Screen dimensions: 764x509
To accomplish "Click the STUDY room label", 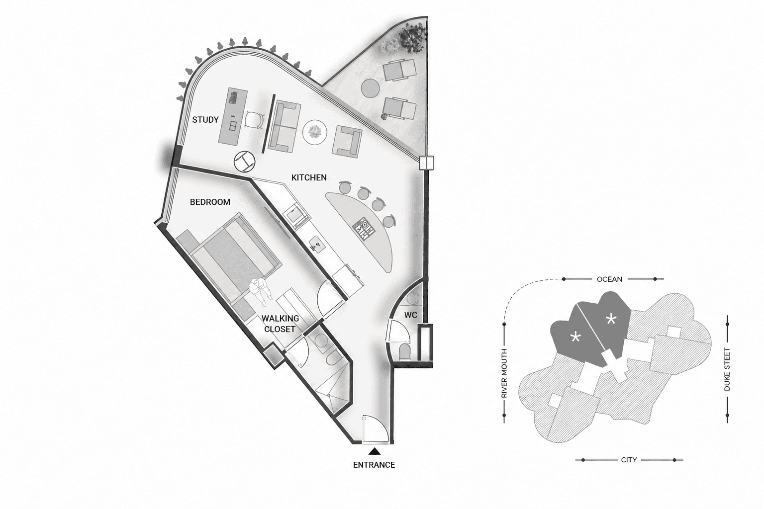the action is point(205,120).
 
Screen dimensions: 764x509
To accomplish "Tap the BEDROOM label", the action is point(210,202).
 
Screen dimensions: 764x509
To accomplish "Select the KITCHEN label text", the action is point(309,177).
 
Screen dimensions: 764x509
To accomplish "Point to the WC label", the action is point(411,315).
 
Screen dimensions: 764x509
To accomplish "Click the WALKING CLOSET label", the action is point(280,324).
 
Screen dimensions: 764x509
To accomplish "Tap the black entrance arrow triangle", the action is point(375,451).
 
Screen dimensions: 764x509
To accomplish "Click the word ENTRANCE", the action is point(374,465).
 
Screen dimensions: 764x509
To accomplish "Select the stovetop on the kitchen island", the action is point(364,229).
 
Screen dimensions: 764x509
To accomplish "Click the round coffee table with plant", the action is point(314,132).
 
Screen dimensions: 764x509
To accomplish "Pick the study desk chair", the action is point(253,121).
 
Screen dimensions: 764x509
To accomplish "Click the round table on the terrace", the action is point(371,88).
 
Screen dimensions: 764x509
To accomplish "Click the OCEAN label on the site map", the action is point(609,279).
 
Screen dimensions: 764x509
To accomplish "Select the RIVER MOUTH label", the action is point(504,373).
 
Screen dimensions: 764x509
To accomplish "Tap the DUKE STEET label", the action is point(727,369).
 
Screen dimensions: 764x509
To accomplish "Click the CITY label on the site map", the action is point(629,460).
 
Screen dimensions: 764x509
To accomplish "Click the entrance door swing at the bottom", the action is point(375,429).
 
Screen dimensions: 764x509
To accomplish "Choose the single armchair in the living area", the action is point(347,142).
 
